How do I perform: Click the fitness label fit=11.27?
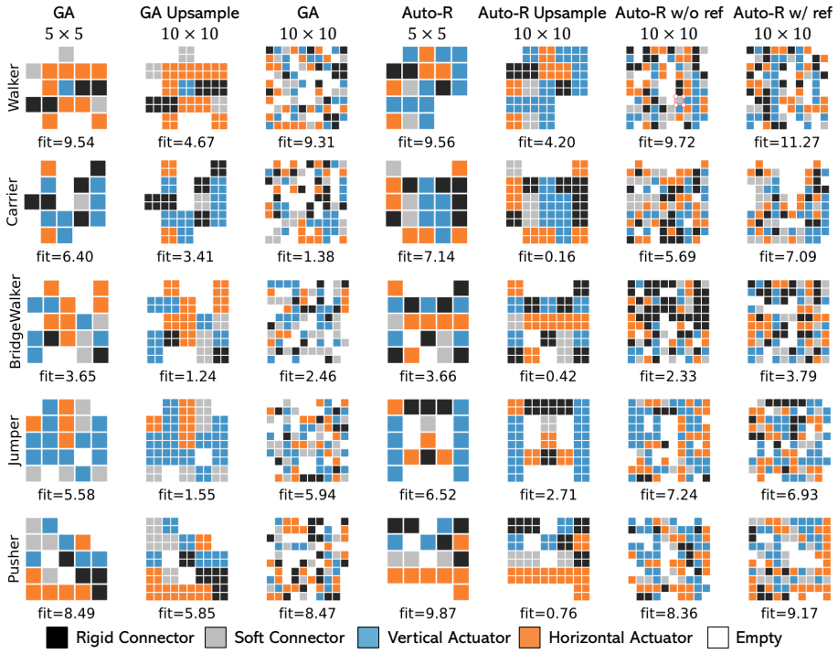pyautogui.click(x=787, y=143)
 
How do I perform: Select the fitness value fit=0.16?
pyautogui.click(x=546, y=257)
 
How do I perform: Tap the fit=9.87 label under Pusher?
pyautogui.click(x=427, y=613)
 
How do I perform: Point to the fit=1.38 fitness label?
pyautogui.click(x=306, y=257)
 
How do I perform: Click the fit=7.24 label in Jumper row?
pyautogui.click(x=669, y=495)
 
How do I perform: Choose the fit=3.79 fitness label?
pyautogui.click(x=789, y=376)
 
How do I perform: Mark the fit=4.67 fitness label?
pyautogui.click(x=186, y=143)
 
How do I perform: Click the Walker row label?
pyautogui.click(x=14, y=88)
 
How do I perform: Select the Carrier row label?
pyautogui.click(x=14, y=201)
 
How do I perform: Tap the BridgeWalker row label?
pyautogui.click(x=15, y=321)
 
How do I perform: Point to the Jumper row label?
pyautogui.click(x=15, y=441)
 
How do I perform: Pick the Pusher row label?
pyautogui.click(x=14, y=559)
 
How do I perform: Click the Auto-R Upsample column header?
pyautogui.click(x=542, y=13)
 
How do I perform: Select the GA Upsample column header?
pyautogui.click(x=190, y=13)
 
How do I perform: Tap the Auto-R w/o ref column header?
pyautogui.click(x=669, y=13)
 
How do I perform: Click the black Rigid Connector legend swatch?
pyautogui.click(x=57, y=638)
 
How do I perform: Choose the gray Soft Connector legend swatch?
pyautogui.click(x=216, y=638)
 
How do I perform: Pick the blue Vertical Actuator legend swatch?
pyautogui.click(x=368, y=638)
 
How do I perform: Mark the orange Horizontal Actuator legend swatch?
pyautogui.click(x=530, y=638)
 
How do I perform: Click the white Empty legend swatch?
pyautogui.click(x=717, y=638)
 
